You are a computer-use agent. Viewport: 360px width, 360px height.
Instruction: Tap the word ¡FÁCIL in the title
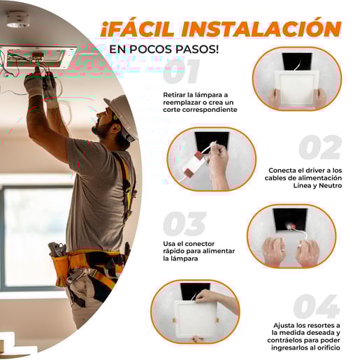138,29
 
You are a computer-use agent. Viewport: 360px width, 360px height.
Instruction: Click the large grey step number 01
181,71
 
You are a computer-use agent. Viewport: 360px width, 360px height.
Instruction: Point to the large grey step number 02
320,147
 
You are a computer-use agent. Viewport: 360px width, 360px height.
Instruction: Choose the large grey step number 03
185,224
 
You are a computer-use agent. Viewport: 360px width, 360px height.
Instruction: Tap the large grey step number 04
316,306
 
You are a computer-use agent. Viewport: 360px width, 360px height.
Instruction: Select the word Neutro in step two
330,186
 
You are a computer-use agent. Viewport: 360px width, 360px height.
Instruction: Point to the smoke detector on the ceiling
17,20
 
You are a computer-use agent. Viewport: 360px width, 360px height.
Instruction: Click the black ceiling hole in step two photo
212,141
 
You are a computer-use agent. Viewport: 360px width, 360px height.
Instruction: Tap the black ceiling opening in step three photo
290,219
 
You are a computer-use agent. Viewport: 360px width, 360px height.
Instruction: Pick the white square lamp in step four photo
196,319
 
